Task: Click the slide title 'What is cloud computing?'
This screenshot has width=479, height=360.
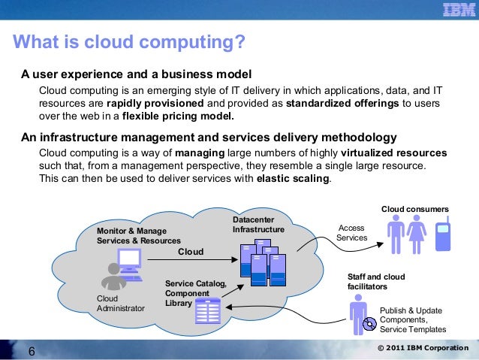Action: (129, 42)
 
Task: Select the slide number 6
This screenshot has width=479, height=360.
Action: (31, 351)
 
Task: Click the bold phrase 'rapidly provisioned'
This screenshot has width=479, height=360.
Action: (155, 103)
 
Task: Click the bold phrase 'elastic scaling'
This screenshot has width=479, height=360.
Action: (292, 179)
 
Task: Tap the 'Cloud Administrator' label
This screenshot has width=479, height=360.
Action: (120, 302)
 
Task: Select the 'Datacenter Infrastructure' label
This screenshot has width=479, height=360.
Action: (258, 224)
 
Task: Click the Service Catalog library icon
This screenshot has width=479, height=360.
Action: (206, 310)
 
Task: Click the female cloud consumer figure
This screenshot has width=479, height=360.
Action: (417, 235)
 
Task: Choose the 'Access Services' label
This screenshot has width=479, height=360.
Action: (351, 232)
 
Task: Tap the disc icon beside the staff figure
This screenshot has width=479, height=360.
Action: (369, 325)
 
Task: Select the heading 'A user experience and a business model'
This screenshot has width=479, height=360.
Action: (135, 74)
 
